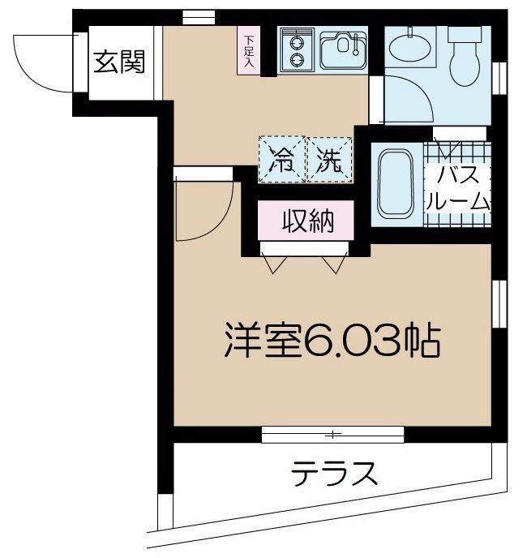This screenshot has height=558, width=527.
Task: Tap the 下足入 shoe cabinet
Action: pos(249,50)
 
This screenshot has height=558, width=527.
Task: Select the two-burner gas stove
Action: pos(297,49)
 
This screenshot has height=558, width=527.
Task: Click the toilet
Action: pos(467,55)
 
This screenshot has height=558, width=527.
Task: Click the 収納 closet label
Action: pos(306,220)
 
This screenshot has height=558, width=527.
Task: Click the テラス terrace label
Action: pos(336,473)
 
